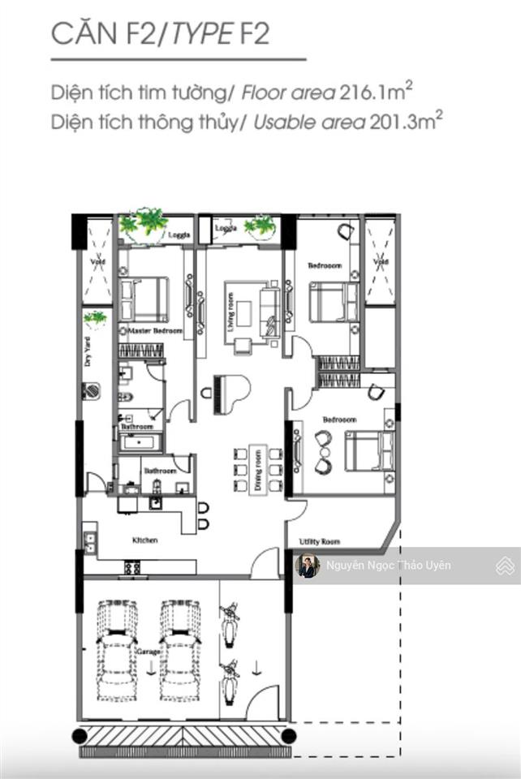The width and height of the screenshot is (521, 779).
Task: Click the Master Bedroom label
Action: click(149, 332)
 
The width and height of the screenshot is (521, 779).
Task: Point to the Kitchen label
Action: click(145, 540)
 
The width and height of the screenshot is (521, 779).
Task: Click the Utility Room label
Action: click(319, 541)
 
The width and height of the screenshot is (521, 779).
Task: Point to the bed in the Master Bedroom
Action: click(144, 299)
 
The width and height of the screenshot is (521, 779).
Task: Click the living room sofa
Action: click(267, 309)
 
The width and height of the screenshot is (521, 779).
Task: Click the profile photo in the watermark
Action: click(308, 566)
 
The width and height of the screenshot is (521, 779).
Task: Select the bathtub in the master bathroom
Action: click(141, 443)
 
